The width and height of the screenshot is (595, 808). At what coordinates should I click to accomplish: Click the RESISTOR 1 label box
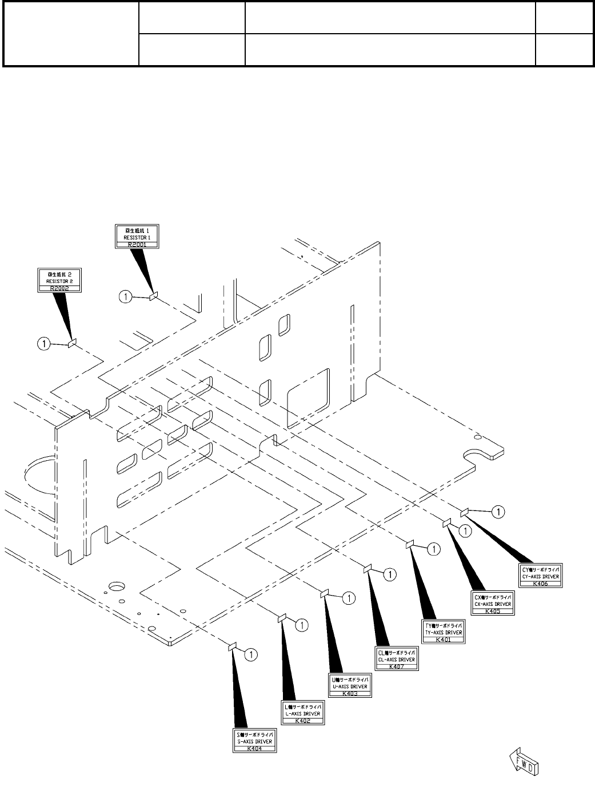pyautogui.click(x=136, y=236)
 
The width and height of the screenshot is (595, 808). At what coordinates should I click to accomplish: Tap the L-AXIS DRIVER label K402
pyautogui.click(x=303, y=714)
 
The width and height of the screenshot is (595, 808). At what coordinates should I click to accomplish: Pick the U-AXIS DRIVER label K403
pyautogui.click(x=350, y=686)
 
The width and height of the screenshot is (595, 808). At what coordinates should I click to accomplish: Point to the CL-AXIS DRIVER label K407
pyautogui.click(x=397, y=659)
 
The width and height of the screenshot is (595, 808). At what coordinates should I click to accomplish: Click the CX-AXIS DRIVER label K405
pyautogui.click(x=493, y=604)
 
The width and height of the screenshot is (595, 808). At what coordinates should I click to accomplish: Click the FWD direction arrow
pyautogui.click(x=524, y=764)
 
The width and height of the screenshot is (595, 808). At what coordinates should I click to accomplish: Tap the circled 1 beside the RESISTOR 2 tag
pyautogui.click(x=43, y=343)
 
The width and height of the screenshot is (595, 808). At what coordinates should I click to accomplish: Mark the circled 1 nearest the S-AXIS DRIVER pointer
pyautogui.click(x=250, y=654)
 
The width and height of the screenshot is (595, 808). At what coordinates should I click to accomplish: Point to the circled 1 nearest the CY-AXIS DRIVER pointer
pyautogui.click(x=498, y=512)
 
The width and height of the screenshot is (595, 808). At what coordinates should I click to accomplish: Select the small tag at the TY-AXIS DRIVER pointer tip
pyautogui.click(x=410, y=544)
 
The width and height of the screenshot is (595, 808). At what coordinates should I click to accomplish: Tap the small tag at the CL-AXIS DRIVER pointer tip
pyautogui.click(x=368, y=568)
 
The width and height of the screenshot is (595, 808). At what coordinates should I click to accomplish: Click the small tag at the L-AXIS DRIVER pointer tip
pyautogui.click(x=281, y=618)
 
